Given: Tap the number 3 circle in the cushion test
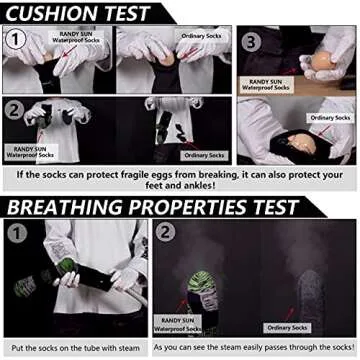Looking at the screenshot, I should pos(250,43).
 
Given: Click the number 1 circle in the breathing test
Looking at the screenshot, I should pos(15,237).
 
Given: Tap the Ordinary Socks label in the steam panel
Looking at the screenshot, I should pos(287,326).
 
